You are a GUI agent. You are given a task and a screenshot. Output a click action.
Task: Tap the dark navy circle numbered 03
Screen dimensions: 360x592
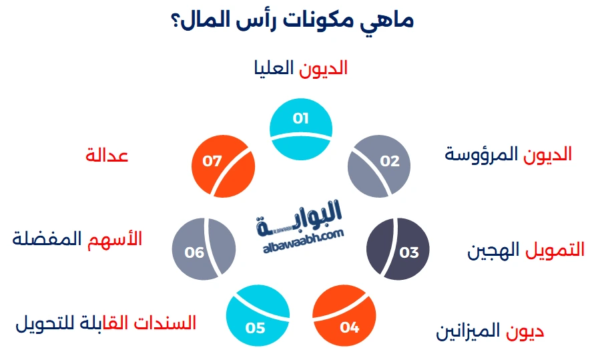(x=398, y=248)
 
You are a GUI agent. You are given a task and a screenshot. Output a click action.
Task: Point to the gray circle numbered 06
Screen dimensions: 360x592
(x=204, y=248)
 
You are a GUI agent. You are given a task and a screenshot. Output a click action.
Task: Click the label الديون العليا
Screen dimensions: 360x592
(x=301, y=68)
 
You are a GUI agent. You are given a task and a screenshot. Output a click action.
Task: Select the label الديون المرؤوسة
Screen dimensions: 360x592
(x=509, y=154)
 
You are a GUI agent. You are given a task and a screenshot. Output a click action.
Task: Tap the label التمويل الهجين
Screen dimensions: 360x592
(x=525, y=250)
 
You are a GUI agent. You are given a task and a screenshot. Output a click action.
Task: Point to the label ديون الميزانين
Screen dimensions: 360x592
(x=491, y=331)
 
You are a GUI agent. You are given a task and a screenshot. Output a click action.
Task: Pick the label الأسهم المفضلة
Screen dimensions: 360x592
(x=77, y=238)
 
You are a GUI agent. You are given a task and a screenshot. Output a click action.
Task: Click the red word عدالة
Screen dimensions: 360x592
(x=107, y=156)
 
